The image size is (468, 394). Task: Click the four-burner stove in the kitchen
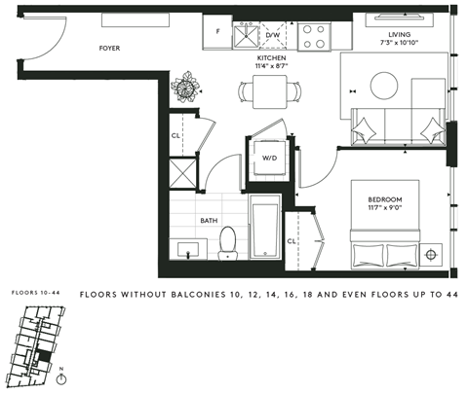click(x=315, y=36)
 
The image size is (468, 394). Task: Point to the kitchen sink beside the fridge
click(x=247, y=36)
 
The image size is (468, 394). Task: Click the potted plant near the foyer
click(x=182, y=89)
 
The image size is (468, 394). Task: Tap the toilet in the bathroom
click(x=229, y=243)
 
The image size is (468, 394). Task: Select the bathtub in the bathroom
click(x=265, y=232)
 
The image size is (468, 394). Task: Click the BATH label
click(x=209, y=221)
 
